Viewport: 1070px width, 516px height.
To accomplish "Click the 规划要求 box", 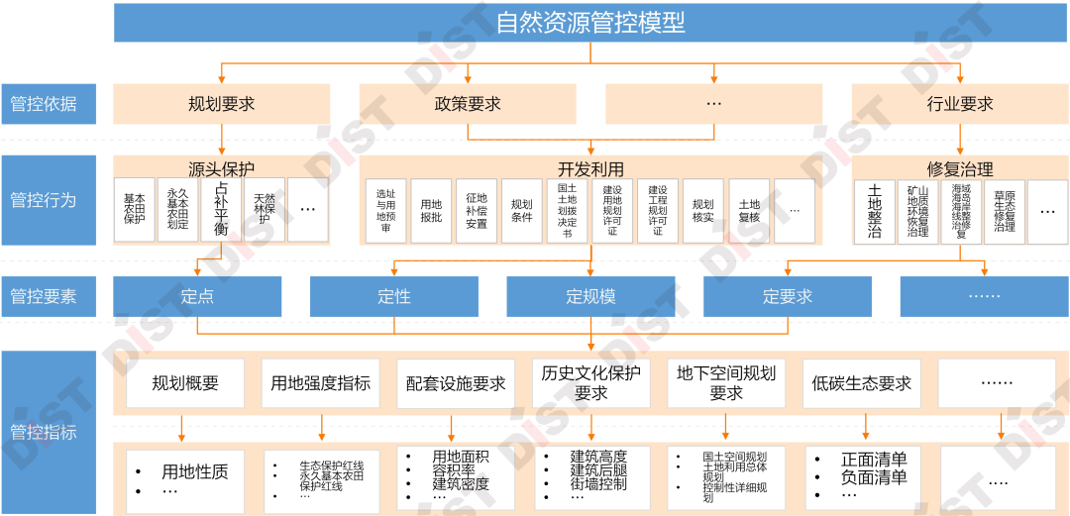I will [x=222, y=103].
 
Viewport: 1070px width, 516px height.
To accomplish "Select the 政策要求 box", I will [x=467, y=103].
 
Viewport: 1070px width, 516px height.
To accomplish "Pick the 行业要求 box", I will [x=959, y=103].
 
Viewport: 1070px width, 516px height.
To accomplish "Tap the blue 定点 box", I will [x=197, y=296].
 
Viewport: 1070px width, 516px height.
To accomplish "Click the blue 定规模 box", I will [x=590, y=296].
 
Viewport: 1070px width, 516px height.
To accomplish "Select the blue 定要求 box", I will [x=788, y=296].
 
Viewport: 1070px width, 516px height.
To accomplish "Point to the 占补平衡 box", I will [x=221, y=210].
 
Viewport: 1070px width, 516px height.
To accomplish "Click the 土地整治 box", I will [x=874, y=211].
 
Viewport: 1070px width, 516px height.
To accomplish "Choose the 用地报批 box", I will [x=431, y=211].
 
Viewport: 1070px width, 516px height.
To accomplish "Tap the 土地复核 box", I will [x=749, y=211].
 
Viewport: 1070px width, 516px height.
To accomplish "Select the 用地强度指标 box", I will [x=320, y=383].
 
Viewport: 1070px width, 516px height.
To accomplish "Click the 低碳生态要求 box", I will [x=861, y=383].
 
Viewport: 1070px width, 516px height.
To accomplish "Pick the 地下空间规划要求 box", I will [x=726, y=383].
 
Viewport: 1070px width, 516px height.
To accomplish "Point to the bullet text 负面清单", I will [x=874, y=477].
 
